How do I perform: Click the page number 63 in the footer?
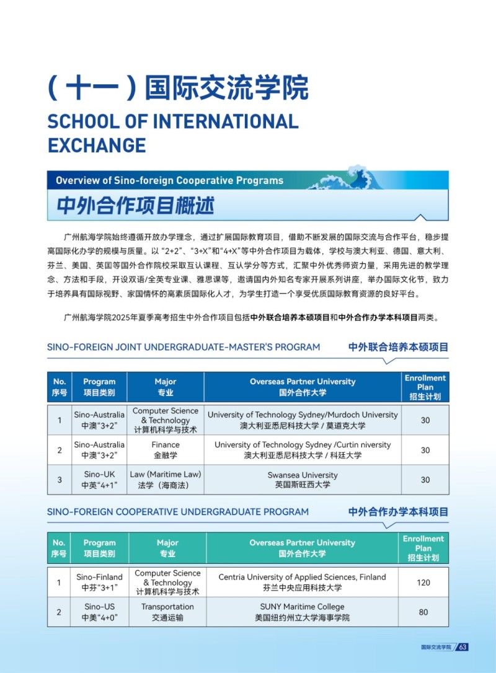(463, 647)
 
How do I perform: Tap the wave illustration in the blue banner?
(348, 178)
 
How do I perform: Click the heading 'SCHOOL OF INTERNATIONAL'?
(173, 121)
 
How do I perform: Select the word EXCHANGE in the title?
(97, 145)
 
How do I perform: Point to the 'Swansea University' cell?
(303, 480)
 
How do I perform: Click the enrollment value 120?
(423, 582)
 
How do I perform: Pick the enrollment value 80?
(423, 612)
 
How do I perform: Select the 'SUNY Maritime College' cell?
(302, 612)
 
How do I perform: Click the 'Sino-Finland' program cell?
(99, 582)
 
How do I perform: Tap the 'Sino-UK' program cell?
(99, 480)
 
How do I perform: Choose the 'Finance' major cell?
(166, 450)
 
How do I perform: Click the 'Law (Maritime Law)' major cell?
(166, 480)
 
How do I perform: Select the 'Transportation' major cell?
(167, 612)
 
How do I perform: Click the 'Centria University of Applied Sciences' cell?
(302, 582)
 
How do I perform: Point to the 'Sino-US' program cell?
(99, 612)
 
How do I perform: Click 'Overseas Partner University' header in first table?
(303, 387)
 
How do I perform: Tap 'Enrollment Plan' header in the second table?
(423, 548)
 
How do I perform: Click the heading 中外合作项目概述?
(135, 205)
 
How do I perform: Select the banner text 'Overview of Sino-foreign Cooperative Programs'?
(169, 180)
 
